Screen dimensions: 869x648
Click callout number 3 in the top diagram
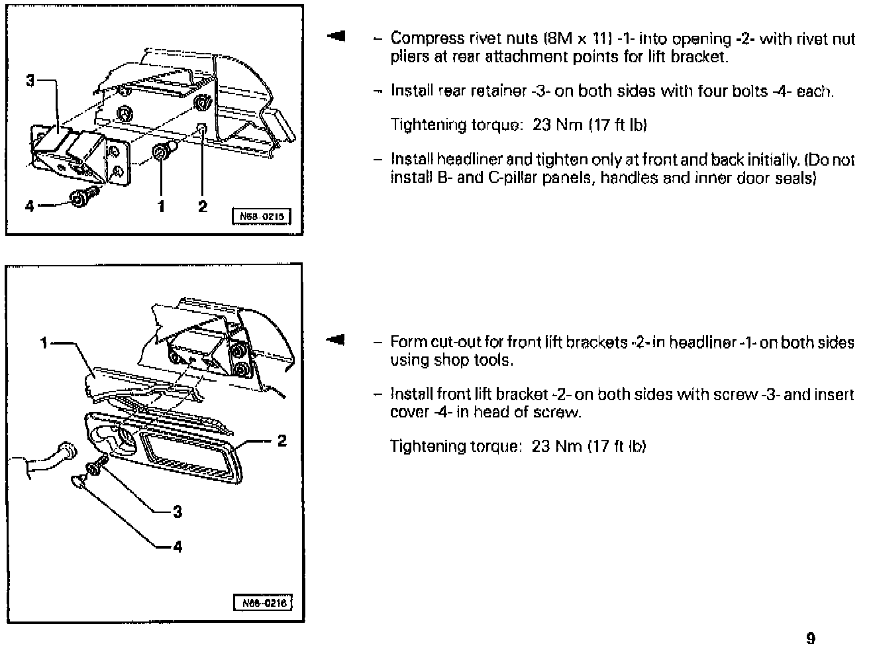click(30, 81)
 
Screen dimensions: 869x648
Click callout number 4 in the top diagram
click(29, 206)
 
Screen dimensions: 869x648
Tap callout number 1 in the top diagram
click(161, 206)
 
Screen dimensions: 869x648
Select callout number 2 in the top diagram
click(203, 206)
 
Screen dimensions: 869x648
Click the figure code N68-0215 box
click(261, 217)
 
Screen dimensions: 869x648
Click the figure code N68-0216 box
click(263, 604)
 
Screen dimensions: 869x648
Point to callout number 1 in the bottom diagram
click(44, 343)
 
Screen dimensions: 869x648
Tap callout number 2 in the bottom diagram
click(282, 441)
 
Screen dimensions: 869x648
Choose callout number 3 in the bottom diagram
click(177, 512)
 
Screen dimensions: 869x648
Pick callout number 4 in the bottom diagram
click(177, 547)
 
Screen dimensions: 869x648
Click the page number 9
click(811, 638)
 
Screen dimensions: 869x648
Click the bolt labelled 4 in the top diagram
click(83, 197)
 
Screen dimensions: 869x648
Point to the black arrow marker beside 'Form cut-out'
click(336, 341)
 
